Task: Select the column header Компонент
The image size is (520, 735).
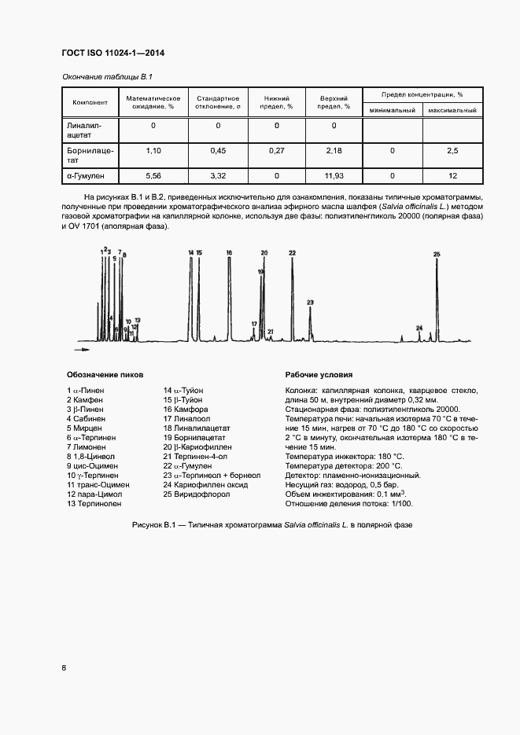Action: click(x=90, y=103)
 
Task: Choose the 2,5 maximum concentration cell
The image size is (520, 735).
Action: click(x=452, y=150)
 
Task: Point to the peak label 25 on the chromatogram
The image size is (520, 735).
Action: click(x=437, y=254)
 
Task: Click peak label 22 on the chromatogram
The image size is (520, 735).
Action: click(x=292, y=252)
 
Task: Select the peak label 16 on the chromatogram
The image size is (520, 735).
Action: click(x=229, y=252)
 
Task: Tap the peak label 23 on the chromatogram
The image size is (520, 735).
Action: click(x=310, y=303)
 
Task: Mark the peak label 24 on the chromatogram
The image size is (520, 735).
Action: click(x=419, y=327)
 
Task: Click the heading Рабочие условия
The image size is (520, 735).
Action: click(x=319, y=375)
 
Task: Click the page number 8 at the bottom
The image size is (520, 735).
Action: click(x=64, y=667)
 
